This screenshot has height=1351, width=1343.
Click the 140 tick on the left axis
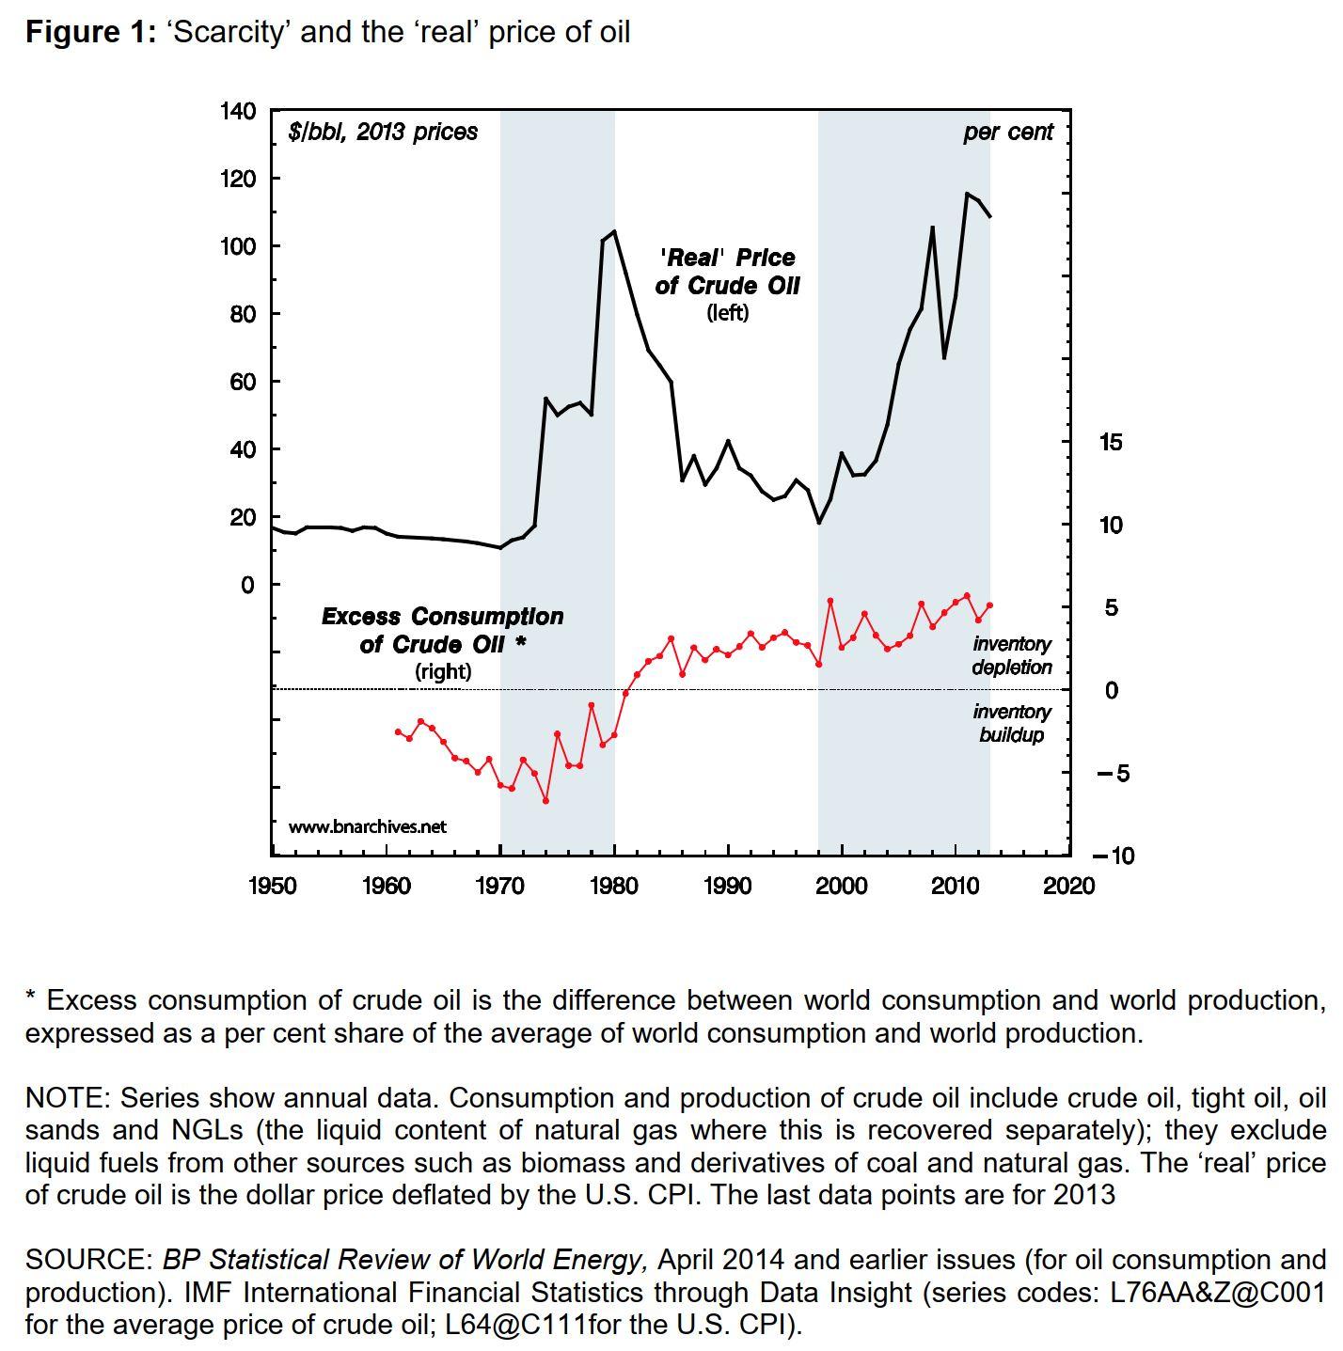click(x=237, y=111)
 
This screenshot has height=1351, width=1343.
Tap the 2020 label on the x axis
click(x=1069, y=886)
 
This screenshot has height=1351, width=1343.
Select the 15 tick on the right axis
click(x=1111, y=442)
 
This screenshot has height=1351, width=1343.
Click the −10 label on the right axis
click(x=1113, y=856)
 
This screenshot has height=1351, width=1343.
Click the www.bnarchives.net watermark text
click(x=367, y=827)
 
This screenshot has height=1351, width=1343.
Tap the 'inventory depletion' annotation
click(x=1012, y=655)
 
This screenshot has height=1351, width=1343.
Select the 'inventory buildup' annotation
click(x=1012, y=723)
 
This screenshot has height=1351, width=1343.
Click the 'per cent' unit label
click(x=1008, y=133)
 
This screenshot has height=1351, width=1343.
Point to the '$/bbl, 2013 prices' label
click(x=383, y=133)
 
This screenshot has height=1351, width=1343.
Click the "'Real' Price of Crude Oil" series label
click(x=727, y=272)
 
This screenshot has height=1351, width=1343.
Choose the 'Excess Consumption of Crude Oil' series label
click(x=442, y=631)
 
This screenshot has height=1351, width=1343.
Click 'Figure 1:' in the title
click(x=90, y=33)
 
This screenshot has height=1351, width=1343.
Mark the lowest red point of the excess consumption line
click(x=545, y=801)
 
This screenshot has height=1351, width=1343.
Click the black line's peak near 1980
click(x=614, y=231)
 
